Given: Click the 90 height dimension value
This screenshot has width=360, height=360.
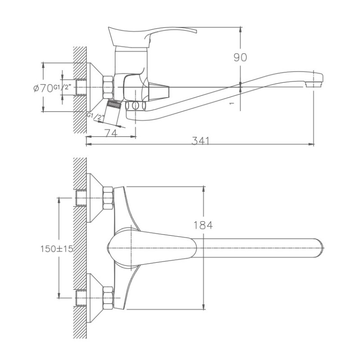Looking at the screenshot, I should pos(240,58).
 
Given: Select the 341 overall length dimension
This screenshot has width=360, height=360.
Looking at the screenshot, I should pos(201,140).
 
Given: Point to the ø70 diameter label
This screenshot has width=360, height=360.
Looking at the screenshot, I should pos(43,88).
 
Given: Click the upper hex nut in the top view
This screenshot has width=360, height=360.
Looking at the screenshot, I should pos(108,198).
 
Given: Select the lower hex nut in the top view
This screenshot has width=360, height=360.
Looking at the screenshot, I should pos(108,297).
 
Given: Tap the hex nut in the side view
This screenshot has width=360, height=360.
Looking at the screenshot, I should pos(108,87).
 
